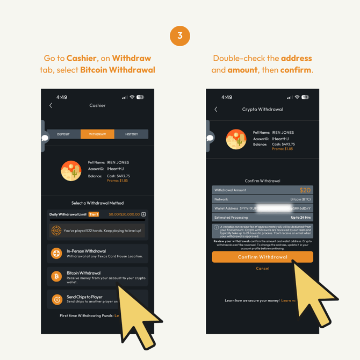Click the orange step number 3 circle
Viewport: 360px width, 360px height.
pyautogui.click(x=180, y=36)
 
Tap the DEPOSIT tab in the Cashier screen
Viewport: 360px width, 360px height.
pyautogui.click(x=63, y=134)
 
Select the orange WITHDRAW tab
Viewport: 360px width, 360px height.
pyautogui.click(x=97, y=134)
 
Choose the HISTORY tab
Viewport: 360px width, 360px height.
pyautogui.click(x=131, y=134)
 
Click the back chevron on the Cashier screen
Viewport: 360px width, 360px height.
pyautogui.click(x=51, y=106)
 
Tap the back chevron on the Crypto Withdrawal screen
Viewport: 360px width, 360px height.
pyautogui.click(x=216, y=110)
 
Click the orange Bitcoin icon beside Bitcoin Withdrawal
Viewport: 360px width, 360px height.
pyautogui.click(x=56, y=276)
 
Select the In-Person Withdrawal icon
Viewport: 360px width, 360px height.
pyautogui.click(x=56, y=253)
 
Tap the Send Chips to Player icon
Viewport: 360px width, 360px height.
pyautogui.click(x=56, y=299)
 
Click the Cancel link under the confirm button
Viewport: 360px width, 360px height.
pyautogui.click(x=262, y=268)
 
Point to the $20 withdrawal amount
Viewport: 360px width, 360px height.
pyautogui.click(x=305, y=190)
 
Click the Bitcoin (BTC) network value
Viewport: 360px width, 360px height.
pyautogui.click(x=300, y=199)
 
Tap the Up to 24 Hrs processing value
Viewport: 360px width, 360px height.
pyautogui.click(x=300, y=218)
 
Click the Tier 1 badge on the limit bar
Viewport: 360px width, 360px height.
pyautogui.click(x=93, y=214)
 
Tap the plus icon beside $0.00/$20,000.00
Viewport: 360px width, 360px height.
pyautogui.click(x=143, y=214)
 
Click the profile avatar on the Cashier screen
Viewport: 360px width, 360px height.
pyautogui.click(x=71, y=170)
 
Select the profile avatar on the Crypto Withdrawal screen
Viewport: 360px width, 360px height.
pyautogui.click(x=236, y=139)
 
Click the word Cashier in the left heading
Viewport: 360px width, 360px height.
pyautogui.click(x=82, y=58)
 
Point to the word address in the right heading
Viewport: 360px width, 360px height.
pyautogui.click(x=296, y=58)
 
